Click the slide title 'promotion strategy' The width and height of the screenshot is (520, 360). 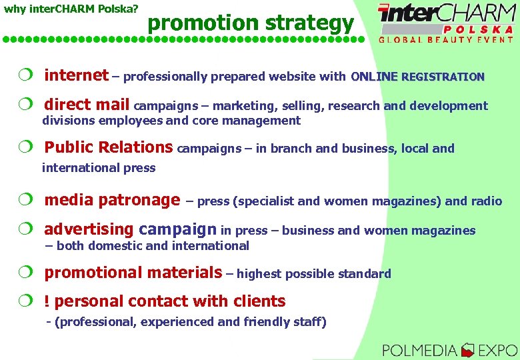[x=251, y=23]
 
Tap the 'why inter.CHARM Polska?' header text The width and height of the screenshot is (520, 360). [x=71, y=9]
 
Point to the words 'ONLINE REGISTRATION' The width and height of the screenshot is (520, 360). [x=417, y=77]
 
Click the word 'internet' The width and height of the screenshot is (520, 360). [x=76, y=75]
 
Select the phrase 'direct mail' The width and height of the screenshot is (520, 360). [x=87, y=105]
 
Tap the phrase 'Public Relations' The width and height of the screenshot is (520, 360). [x=108, y=147]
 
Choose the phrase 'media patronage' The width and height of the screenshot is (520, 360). [x=112, y=200]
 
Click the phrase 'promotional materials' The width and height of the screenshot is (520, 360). [x=133, y=273]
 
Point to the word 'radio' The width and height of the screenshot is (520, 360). [x=487, y=201]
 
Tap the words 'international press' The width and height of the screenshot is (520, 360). [x=99, y=168]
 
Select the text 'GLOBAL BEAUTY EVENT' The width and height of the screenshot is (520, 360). [x=446, y=39]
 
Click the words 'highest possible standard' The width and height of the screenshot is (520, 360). [x=313, y=274]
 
